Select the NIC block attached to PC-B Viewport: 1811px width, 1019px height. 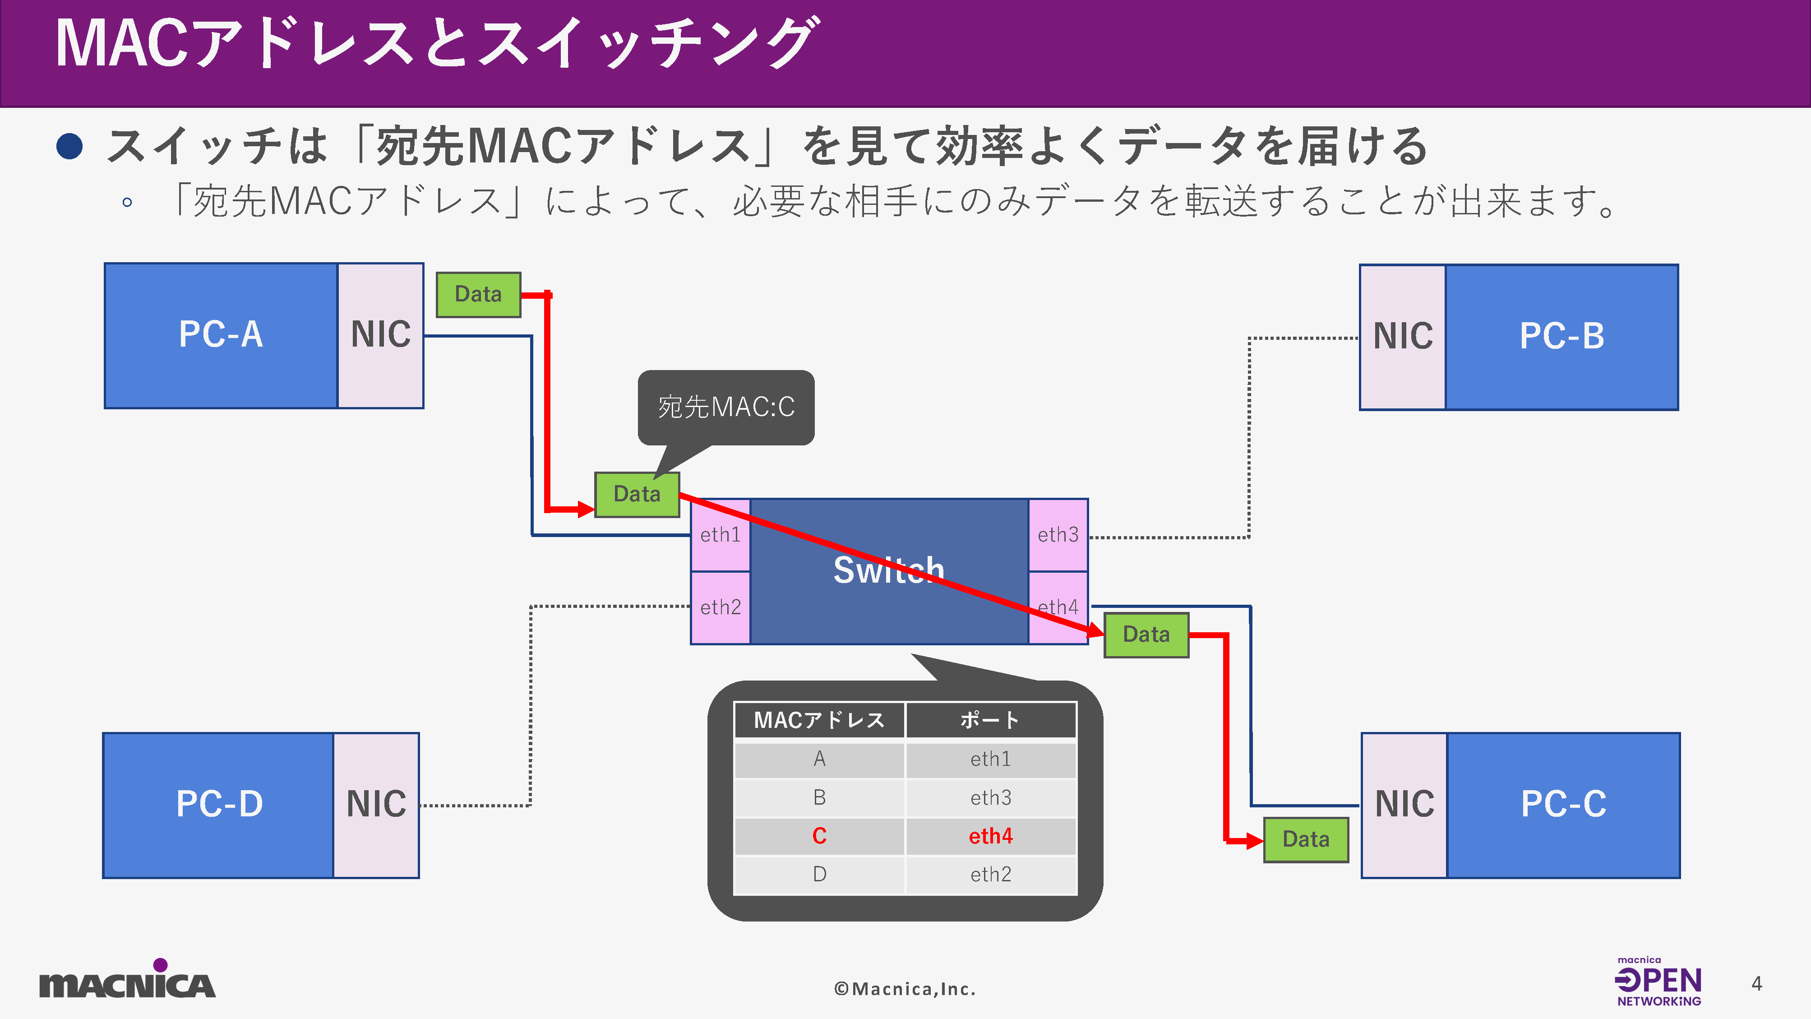coord(1403,336)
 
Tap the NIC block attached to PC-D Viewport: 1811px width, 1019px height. coord(376,805)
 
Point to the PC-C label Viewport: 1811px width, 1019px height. coord(1564,805)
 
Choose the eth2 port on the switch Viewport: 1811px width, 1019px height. coord(720,607)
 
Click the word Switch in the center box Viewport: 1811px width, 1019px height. coord(889,570)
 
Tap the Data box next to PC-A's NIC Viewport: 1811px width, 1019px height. coord(478,294)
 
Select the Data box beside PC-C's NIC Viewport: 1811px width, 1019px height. coord(1306,839)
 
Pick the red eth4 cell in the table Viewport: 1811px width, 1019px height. coord(991,836)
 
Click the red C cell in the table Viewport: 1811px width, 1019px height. coord(819,836)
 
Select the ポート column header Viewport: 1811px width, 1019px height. coord(991,720)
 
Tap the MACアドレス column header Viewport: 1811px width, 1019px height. coord(819,720)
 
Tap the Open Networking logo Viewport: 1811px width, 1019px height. coord(1659,982)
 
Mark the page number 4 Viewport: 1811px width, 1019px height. coord(1756,983)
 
